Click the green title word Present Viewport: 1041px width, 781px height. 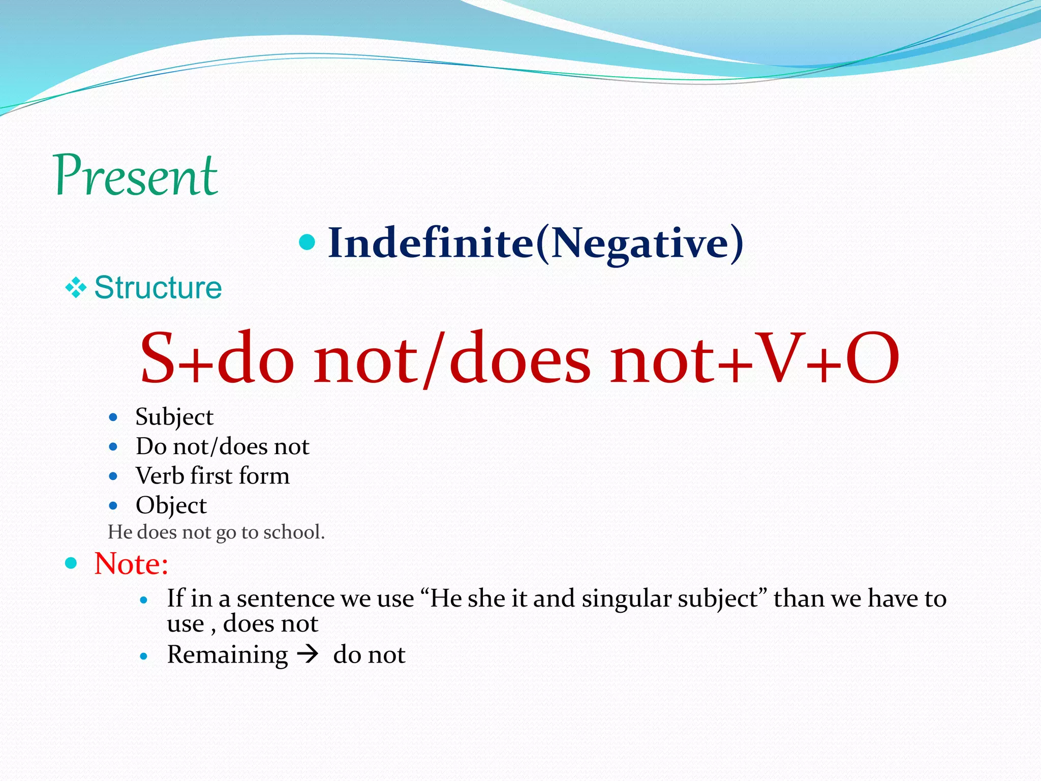click(136, 175)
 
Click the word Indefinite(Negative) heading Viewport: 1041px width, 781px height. click(535, 243)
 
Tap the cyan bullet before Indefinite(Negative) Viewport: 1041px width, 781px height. click(307, 242)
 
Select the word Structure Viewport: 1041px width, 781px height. click(158, 288)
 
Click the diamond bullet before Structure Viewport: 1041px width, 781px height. click(76, 288)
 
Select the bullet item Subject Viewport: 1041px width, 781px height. click(174, 417)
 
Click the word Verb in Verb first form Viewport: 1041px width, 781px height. click(160, 476)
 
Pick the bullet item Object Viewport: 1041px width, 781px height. click(171, 505)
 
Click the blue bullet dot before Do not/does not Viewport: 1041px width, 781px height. click(113, 447)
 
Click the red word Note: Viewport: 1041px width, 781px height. click(131, 564)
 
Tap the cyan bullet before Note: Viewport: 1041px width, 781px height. click(71, 563)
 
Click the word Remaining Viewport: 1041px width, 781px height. click(227, 654)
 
